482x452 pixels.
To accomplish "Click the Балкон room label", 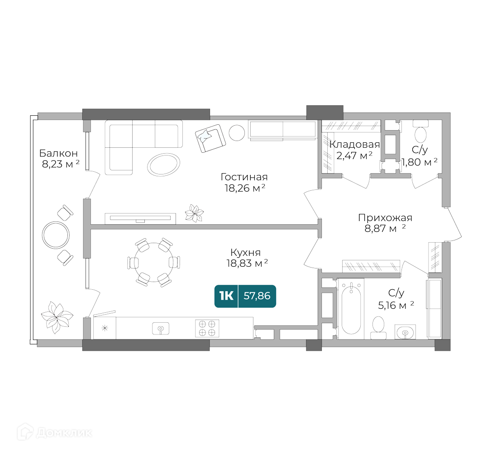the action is (x=58, y=153).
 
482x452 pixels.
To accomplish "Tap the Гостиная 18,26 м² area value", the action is (x=245, y=188).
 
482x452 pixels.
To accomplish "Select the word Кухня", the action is (x=245, y=252).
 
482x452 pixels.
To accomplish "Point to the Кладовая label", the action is (x=354, y=144).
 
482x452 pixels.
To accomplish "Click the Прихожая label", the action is (x=385, y=218).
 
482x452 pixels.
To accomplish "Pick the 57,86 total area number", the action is (x=257, y=296).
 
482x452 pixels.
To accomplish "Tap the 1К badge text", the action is (x=226, y=296).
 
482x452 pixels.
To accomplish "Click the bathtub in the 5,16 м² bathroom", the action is (x=351, y=309).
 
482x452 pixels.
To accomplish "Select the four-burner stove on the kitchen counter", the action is (x=207, y=328).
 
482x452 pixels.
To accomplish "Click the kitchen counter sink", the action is (x=161, y=329).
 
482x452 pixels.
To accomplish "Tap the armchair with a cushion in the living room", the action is (x=210, y=138).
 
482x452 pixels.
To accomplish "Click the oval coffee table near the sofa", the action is (x=163, y=165).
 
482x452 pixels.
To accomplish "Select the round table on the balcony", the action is (x=56, y=235).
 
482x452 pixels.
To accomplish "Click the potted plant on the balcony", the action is (x=57, y=317).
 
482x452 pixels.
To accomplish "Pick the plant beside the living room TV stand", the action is (x=194, y=213).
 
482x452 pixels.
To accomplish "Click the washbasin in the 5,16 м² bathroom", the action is (x=405, y=332).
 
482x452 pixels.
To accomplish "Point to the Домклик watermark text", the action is (x=64, y=433).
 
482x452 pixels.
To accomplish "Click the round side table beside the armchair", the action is (x=237, y=133).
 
